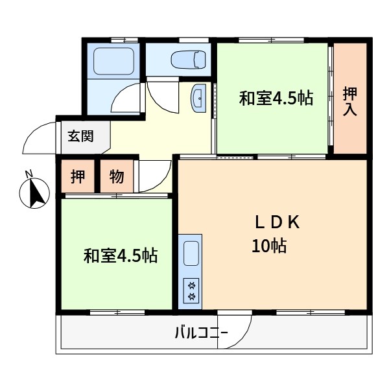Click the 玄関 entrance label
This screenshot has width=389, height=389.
pyautogui.click(x=80, y=136)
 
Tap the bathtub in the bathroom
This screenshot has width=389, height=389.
pyautogui.click(x=114, y=61)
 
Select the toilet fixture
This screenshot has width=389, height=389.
pyautogui.click(x=189, y=60)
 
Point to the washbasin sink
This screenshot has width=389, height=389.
pyautogui.click(x=198, y=99)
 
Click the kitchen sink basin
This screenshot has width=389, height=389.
pyautogui.click(x=191, y=253)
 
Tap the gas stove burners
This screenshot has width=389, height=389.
pyautogui.click(x=191, y=290)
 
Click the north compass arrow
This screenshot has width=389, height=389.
pyautogui.click(x=37, y=193)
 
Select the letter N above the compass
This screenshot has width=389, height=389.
pyautogui.click(x=30, y=174)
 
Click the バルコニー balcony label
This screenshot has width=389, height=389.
pyautogui.click(x=202, y=333)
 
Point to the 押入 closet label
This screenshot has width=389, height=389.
pyautogui.click(x=350, y=102)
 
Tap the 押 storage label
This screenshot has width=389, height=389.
pyautogui.click(x=78, y=176)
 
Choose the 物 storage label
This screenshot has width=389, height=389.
pyautogui.click(x=117, y=176)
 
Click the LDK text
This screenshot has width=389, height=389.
pyautogui.click(x=277, y=222)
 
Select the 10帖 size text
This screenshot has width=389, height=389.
pyautogui.click(x=270, y=246)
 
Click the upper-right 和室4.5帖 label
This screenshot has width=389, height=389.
pyautogui.click(x=276, y=99)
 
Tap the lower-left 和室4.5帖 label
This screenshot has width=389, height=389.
pyautogui.click(x=121, y=256)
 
